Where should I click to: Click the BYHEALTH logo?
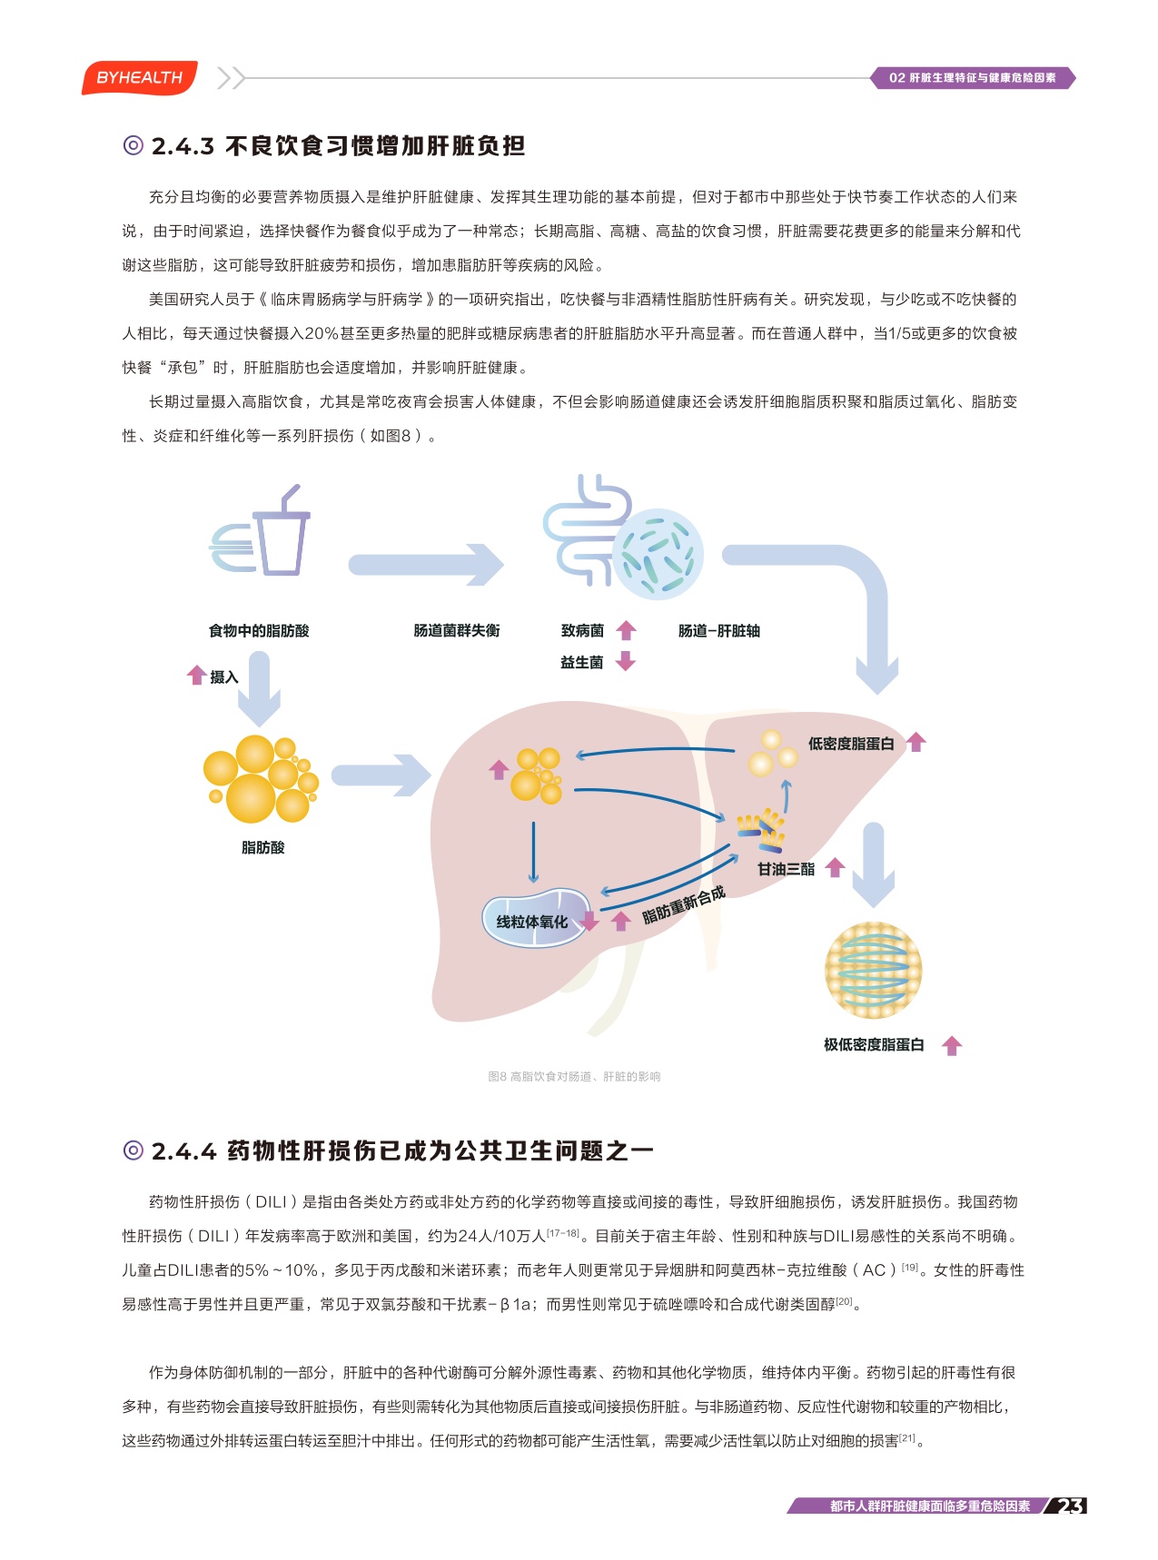pyautogui.click(x=139, y=78)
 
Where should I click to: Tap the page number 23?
pyautogui.click(x=1070, y=1506)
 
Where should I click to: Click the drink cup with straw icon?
pyautogui.click(x=280, y=538)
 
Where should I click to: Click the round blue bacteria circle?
pyautogui.click(x=658, y=554)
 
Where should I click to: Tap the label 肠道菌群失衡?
pyautogui.click(x=457, y=631)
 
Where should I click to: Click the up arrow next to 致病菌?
pyautogui.click(x=626, y=630)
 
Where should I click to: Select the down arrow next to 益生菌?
pyautogui.click(x=625, y=661)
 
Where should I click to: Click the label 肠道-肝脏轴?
pyautogui.click(x=718, y=631)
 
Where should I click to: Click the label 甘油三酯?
pyautogui.click(x=787, y=869)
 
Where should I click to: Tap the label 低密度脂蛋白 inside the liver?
pyautogui.click(x=851, y=744)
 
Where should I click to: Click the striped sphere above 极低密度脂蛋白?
pyautogui.click(x=873, y=970)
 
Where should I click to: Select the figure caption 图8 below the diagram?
pyautogui.click(x=574, y=1076)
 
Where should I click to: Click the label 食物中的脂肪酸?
pyautogui.click(x=259, y=631)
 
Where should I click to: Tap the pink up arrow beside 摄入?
pyautogui.click(x=196, y=675)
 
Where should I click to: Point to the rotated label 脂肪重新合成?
pyautogui.click(x=684, y=904)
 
